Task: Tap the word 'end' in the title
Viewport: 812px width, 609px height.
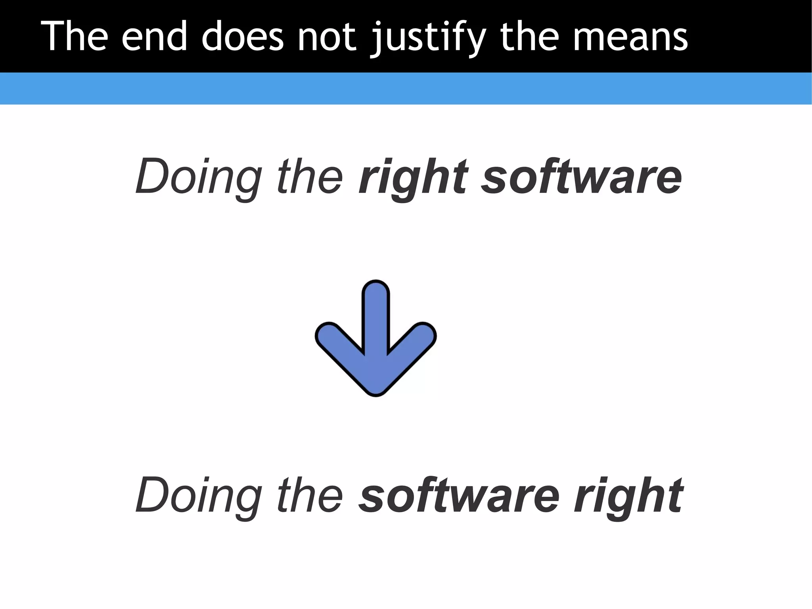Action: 154,37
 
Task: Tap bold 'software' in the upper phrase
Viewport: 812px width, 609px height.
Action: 581,176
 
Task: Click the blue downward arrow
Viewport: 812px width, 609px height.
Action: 375,349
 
